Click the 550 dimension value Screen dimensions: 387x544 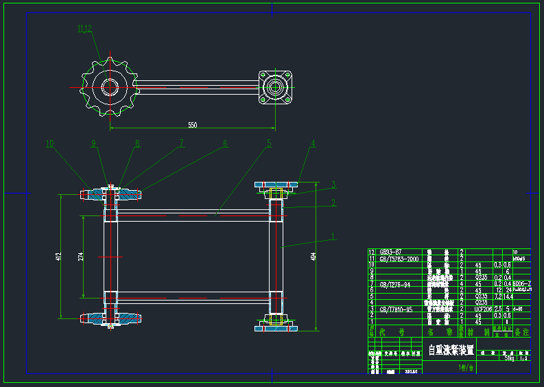coord(193,125)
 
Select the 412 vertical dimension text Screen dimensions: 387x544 coord(59,256)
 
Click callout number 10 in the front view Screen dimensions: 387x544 coord(50,144)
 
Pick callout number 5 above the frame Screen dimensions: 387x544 coord(269,143)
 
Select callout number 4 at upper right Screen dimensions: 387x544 coord(313,144)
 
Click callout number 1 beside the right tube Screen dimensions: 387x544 coord(333,236)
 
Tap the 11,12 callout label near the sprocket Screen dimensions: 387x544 coord(84,28)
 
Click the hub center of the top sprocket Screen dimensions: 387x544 coord(109,86)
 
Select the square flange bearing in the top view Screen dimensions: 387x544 coord(276,87)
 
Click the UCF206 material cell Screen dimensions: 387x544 coord(484,309)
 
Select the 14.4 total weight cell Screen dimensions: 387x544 coord(508,296)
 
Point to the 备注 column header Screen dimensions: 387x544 coord(522,331)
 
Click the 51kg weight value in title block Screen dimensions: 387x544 coord(509,357)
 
